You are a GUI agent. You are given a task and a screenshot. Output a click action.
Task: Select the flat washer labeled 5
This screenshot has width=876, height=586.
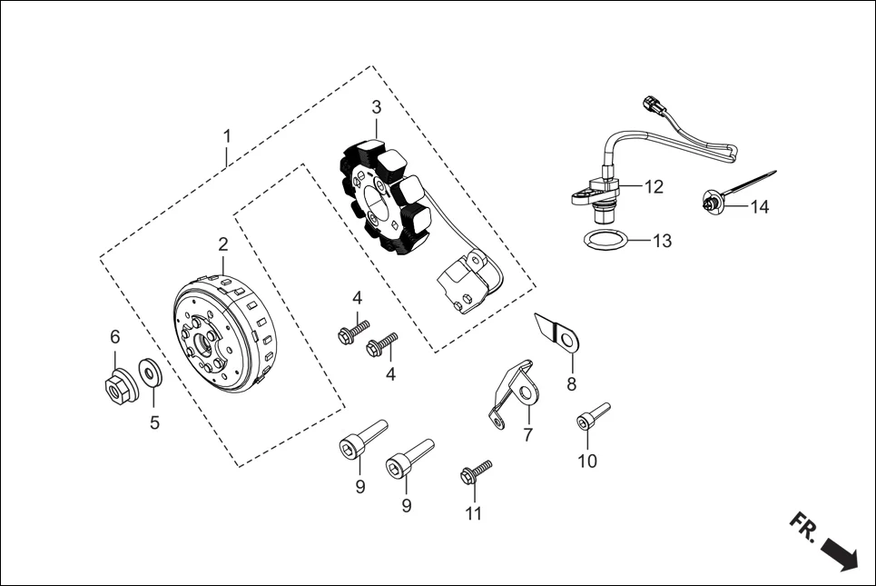(x=150, y=372)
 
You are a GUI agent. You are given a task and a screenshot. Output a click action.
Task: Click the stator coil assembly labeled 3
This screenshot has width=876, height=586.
(x=385, y=194)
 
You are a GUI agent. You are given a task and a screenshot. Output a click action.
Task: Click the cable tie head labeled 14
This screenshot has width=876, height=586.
(x=710, y=204)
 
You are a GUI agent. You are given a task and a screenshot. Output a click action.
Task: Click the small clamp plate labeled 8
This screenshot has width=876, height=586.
(x=559, y=333)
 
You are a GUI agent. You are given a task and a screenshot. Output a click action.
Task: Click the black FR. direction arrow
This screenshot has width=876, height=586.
(x=839, y=553)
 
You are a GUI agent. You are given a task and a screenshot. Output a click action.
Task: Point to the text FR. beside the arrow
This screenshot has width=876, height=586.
(x=803, y=526)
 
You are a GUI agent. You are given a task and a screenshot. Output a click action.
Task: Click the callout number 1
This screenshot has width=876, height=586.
(x=227, y=135)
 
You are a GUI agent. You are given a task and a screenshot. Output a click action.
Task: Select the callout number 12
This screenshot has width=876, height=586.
(x=654, y=187)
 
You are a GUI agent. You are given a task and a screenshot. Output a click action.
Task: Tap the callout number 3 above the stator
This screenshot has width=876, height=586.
(x=376, y=107)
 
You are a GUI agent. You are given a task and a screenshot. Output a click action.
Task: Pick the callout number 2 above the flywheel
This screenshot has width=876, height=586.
(x=222, y=244)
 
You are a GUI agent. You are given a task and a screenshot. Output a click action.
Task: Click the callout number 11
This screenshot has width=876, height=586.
(x=473, y=514)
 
